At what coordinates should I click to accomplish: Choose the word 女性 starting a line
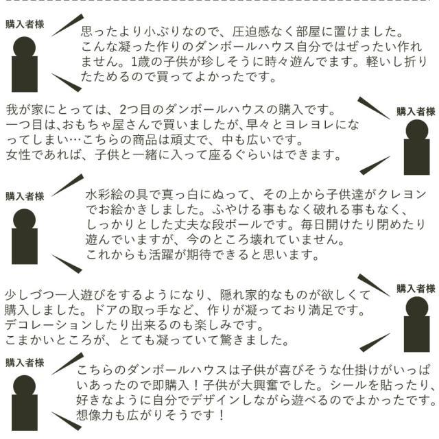(x=19, y=155)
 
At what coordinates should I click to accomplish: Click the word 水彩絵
(x=104, y=195)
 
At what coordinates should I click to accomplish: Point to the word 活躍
(x=161, y=255)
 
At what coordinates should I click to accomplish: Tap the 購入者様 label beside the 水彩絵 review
(x=25, y=197)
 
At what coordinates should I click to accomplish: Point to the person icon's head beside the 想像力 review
(x=25, y=387)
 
